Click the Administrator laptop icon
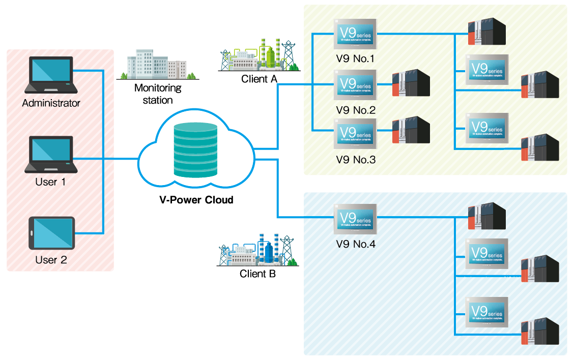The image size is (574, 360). [51, 75]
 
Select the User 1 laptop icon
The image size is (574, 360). [51, 154]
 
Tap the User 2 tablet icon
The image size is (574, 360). [51, 233]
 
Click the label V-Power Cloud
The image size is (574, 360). [196, 200]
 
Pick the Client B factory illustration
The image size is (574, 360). [257, 250]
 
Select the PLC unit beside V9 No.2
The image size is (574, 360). [411, 83]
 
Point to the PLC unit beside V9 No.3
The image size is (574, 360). [411, 131]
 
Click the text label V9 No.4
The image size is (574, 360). [356, 244]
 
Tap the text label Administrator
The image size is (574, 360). [51, 103]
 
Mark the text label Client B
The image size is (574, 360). [257, 274]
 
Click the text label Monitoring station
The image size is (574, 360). [158, 94]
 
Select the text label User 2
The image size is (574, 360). [51, 260]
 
